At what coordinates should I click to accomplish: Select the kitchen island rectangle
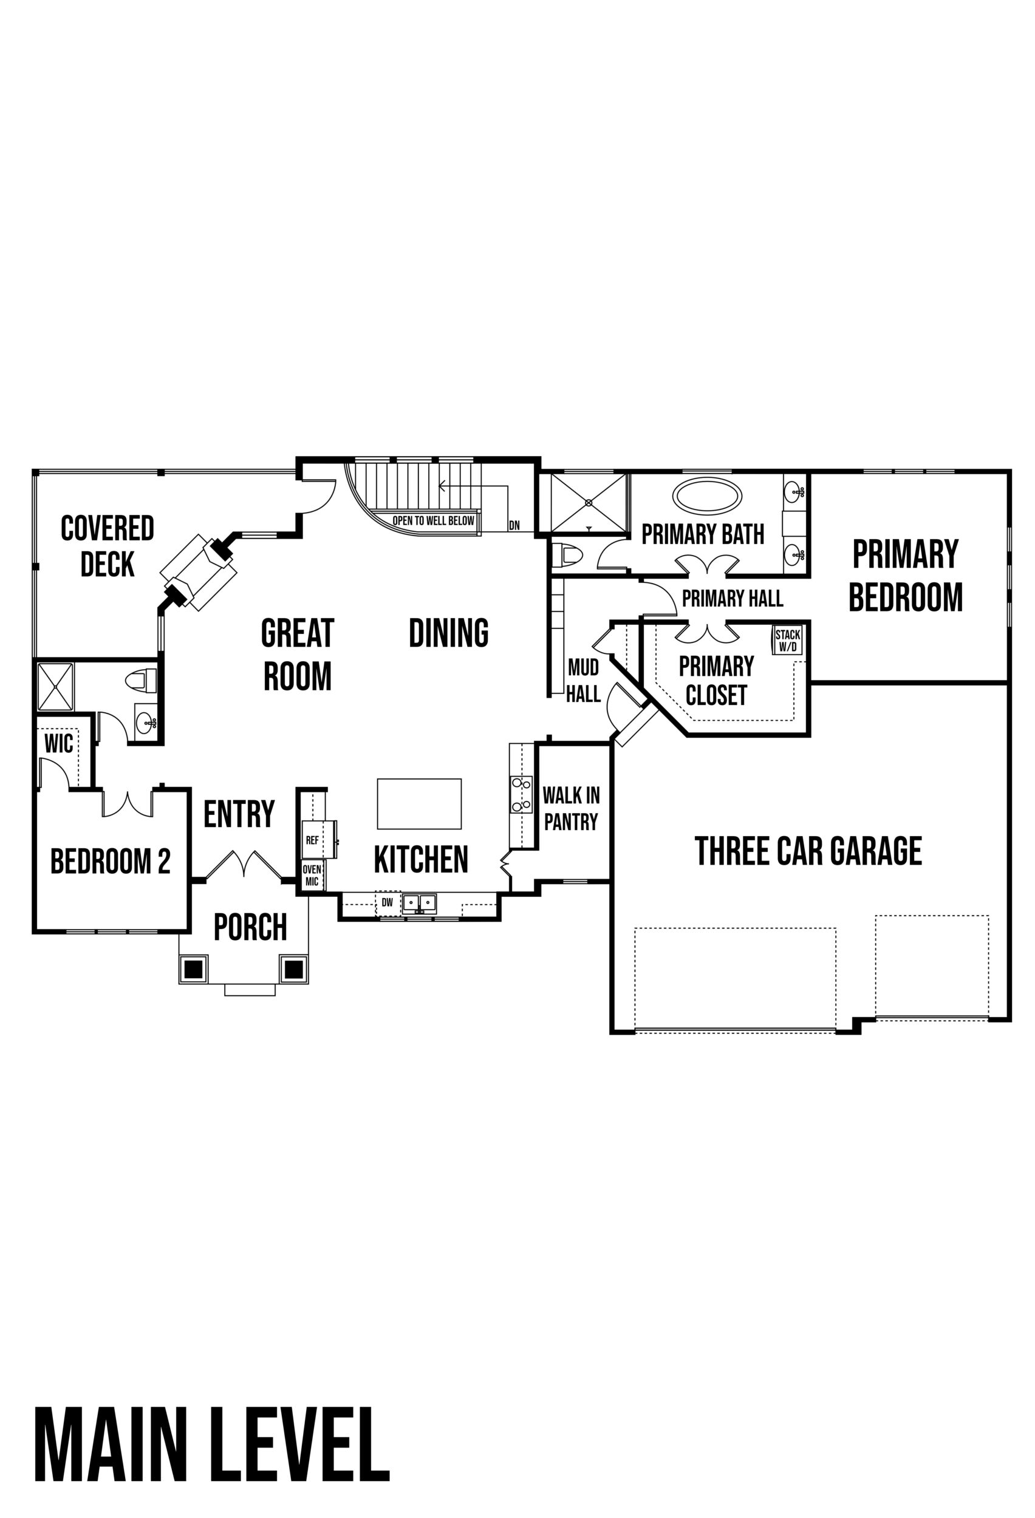[419, 803]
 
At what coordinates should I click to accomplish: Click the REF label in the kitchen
[312, 840]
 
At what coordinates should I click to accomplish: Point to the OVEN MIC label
[312, 875]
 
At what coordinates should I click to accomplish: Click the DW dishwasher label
[388, 903]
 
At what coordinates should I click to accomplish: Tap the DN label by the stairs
[514, 525]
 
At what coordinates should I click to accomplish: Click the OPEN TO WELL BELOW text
[432, 520]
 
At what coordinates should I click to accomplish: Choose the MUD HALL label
[583, 681]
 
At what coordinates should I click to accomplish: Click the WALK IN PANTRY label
[571, 808]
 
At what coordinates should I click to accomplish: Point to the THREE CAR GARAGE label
[808, 851]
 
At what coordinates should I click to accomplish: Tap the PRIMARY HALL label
[733, 598]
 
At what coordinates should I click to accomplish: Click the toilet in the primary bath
[567, 555]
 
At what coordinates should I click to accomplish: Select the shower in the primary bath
[588, 503]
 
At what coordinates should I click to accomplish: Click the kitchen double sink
[419, 903]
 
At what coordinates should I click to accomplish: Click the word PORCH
[250, 926]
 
